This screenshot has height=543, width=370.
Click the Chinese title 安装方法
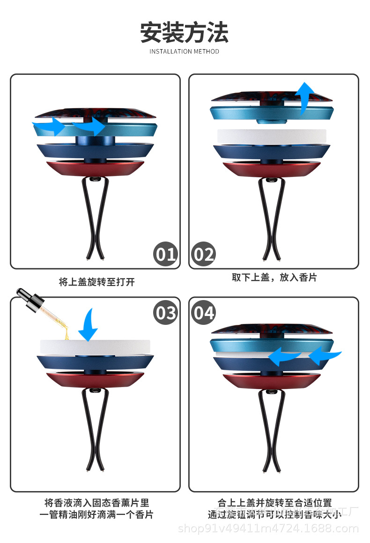tap(185, 33)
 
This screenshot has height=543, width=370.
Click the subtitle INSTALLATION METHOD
tap(185, 51)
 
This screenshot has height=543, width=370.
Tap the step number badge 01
tap(166, 254)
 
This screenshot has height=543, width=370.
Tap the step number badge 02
tap(203, 254)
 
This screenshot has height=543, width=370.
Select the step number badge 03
tap(166, 312)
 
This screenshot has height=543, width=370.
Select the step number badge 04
tap(203, 312)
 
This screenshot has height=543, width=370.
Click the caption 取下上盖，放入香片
tap(274, 278)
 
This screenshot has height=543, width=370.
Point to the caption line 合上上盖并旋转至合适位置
tap(274, 503)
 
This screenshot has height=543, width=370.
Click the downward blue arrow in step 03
tap(88, 324)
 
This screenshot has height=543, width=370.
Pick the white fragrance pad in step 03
tap(96, 347)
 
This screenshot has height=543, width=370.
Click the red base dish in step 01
tap(96, 168)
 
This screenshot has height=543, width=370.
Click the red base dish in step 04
tap(272, 380)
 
